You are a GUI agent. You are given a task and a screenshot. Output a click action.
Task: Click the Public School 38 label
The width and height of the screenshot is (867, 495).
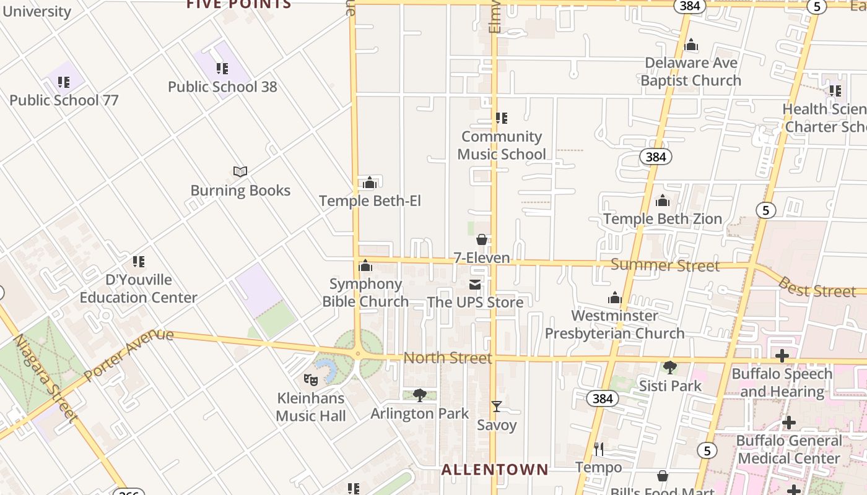(x=222, y=87)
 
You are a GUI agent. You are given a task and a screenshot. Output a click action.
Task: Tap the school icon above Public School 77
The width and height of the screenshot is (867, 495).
(x=63, y=82)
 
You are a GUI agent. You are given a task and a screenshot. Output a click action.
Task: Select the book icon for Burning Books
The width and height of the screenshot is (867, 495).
(x=240, y=171)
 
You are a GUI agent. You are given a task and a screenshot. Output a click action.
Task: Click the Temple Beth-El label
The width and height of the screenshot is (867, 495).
(x=370, y=200)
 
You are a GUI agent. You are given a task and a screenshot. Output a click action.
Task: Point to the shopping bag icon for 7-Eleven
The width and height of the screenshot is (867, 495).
(x=482, y=239)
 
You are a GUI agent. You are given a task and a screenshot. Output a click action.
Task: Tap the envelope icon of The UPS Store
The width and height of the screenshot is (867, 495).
(x=475, y=285)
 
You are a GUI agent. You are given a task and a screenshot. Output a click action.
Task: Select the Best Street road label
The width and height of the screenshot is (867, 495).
(x=816, y=287)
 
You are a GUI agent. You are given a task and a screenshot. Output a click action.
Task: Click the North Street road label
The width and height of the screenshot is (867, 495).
(x=448, y=358)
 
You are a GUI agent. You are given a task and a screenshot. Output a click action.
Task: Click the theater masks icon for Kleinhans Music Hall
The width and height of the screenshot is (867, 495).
(x=311, y=379)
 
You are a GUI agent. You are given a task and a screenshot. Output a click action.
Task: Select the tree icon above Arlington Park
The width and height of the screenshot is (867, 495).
(x=420, y=395)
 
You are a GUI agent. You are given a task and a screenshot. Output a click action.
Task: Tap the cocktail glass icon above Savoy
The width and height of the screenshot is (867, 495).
(x=497, y=407)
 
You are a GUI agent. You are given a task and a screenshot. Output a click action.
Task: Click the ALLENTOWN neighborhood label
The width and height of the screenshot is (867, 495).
(x=495, y=470)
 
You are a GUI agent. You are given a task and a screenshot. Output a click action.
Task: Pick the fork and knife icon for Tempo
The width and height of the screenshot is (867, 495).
(x=599, y=449)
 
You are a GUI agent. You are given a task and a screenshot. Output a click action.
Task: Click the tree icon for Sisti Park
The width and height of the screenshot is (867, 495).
(x=669, y=368)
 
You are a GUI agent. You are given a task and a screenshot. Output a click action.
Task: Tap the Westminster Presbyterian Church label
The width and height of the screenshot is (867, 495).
(x=614, y=324)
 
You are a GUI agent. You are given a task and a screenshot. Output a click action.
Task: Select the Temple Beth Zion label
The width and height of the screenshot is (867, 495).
(x=663, y=218)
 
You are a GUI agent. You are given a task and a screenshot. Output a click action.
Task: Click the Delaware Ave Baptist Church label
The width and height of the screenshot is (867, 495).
(x=691, y=72)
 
